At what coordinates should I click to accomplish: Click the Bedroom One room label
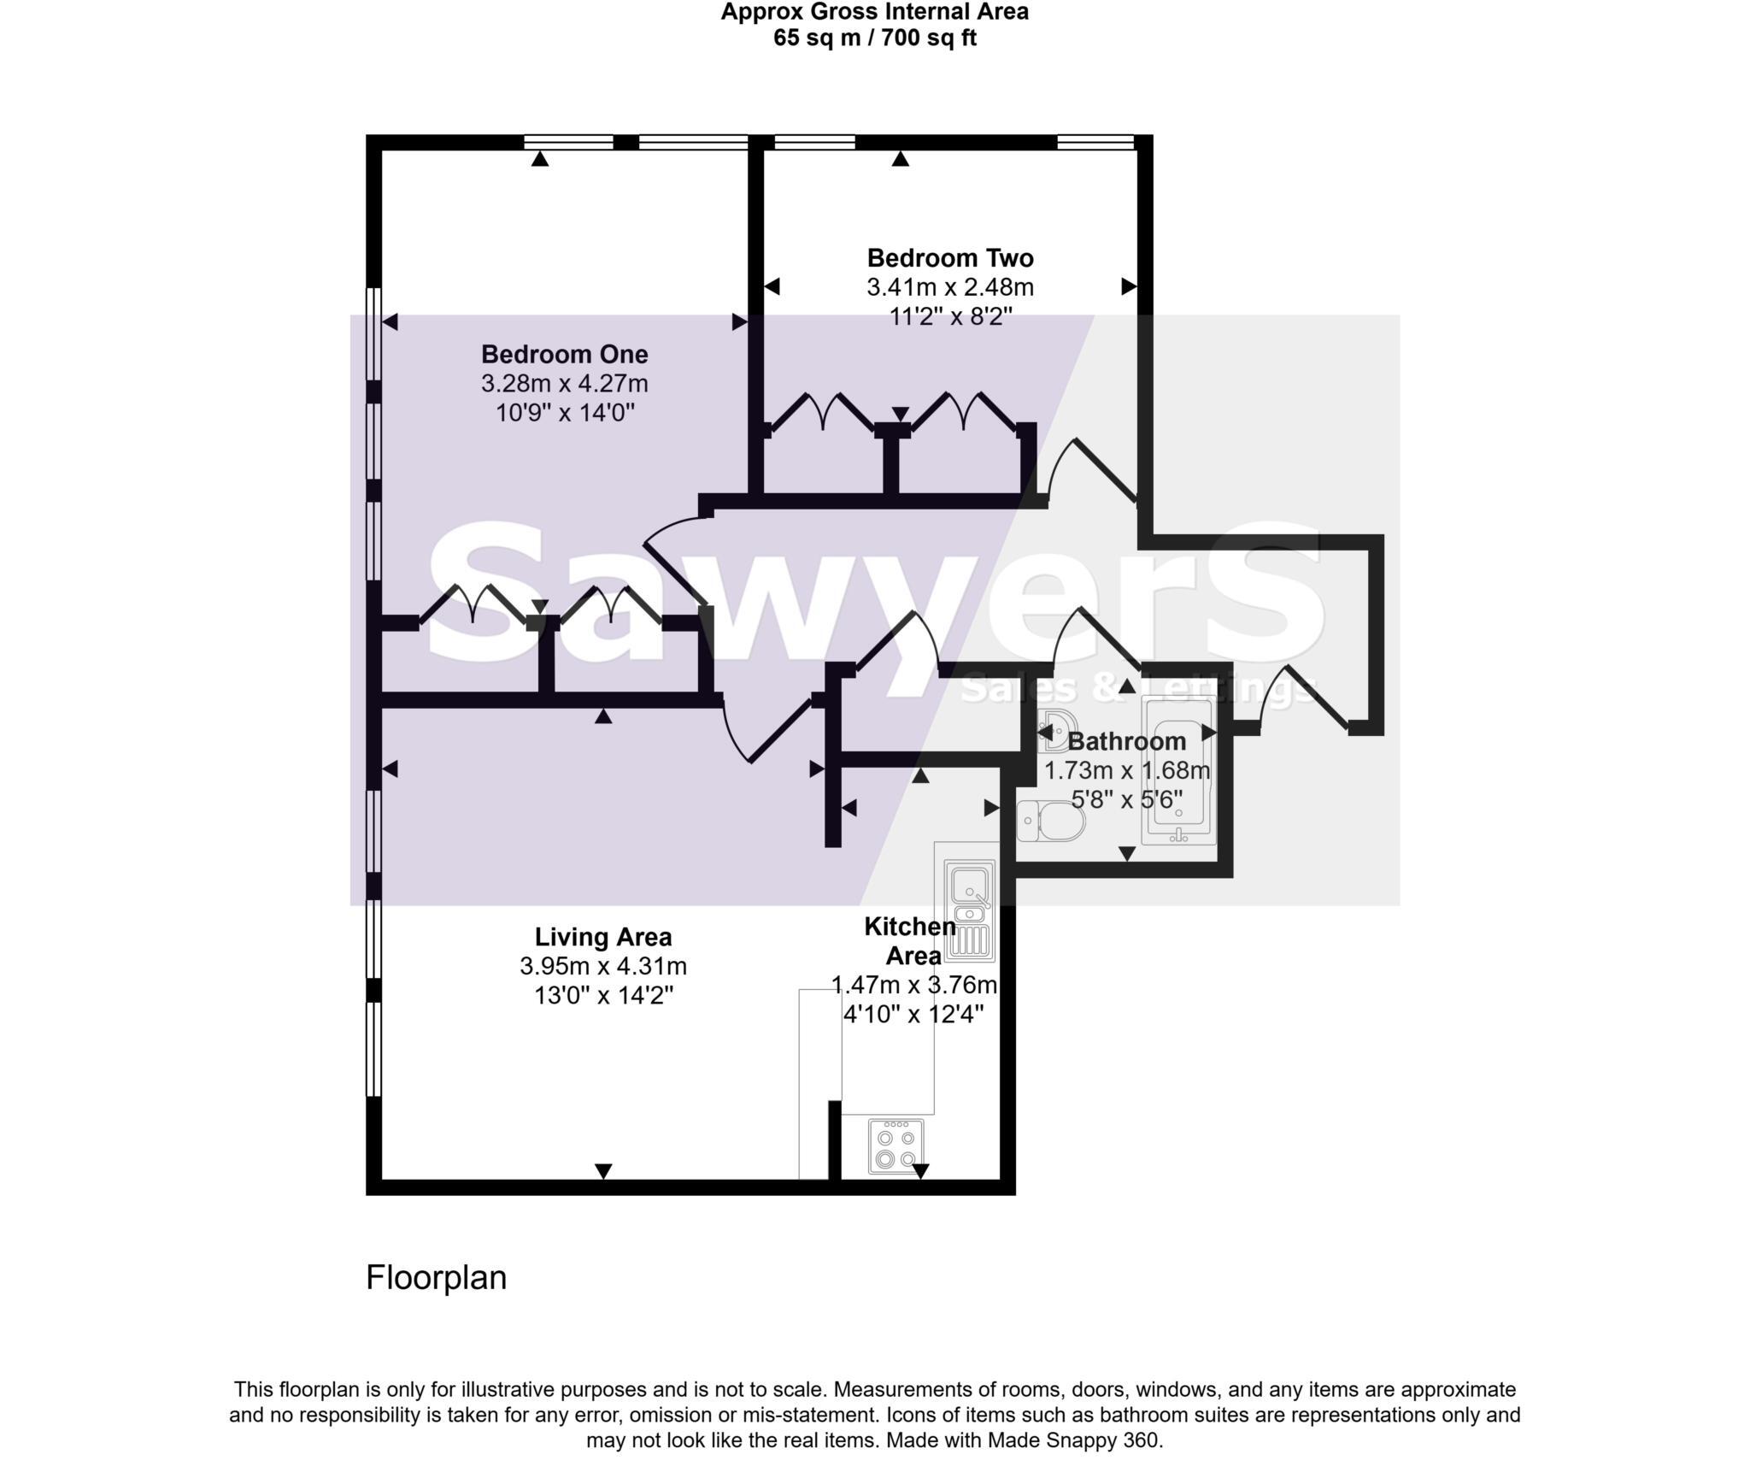564,354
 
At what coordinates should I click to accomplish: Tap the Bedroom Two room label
949,257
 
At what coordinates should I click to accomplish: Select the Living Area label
603,937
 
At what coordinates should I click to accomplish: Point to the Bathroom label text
1127,741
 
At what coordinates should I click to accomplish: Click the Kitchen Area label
911,940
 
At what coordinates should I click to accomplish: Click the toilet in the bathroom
1052,821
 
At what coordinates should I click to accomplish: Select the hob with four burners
896,1145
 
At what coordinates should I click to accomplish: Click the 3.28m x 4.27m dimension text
564,383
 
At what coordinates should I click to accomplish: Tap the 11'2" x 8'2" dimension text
949,316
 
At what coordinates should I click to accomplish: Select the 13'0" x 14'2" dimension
603,996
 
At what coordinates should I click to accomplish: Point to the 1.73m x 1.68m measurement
1127,770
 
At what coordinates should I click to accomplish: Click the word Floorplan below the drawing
436,1277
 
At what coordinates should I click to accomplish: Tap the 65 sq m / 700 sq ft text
874,38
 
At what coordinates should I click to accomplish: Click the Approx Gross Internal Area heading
874,12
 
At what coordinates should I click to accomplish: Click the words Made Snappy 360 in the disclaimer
1074,1440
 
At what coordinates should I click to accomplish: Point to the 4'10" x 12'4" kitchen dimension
913,1015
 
